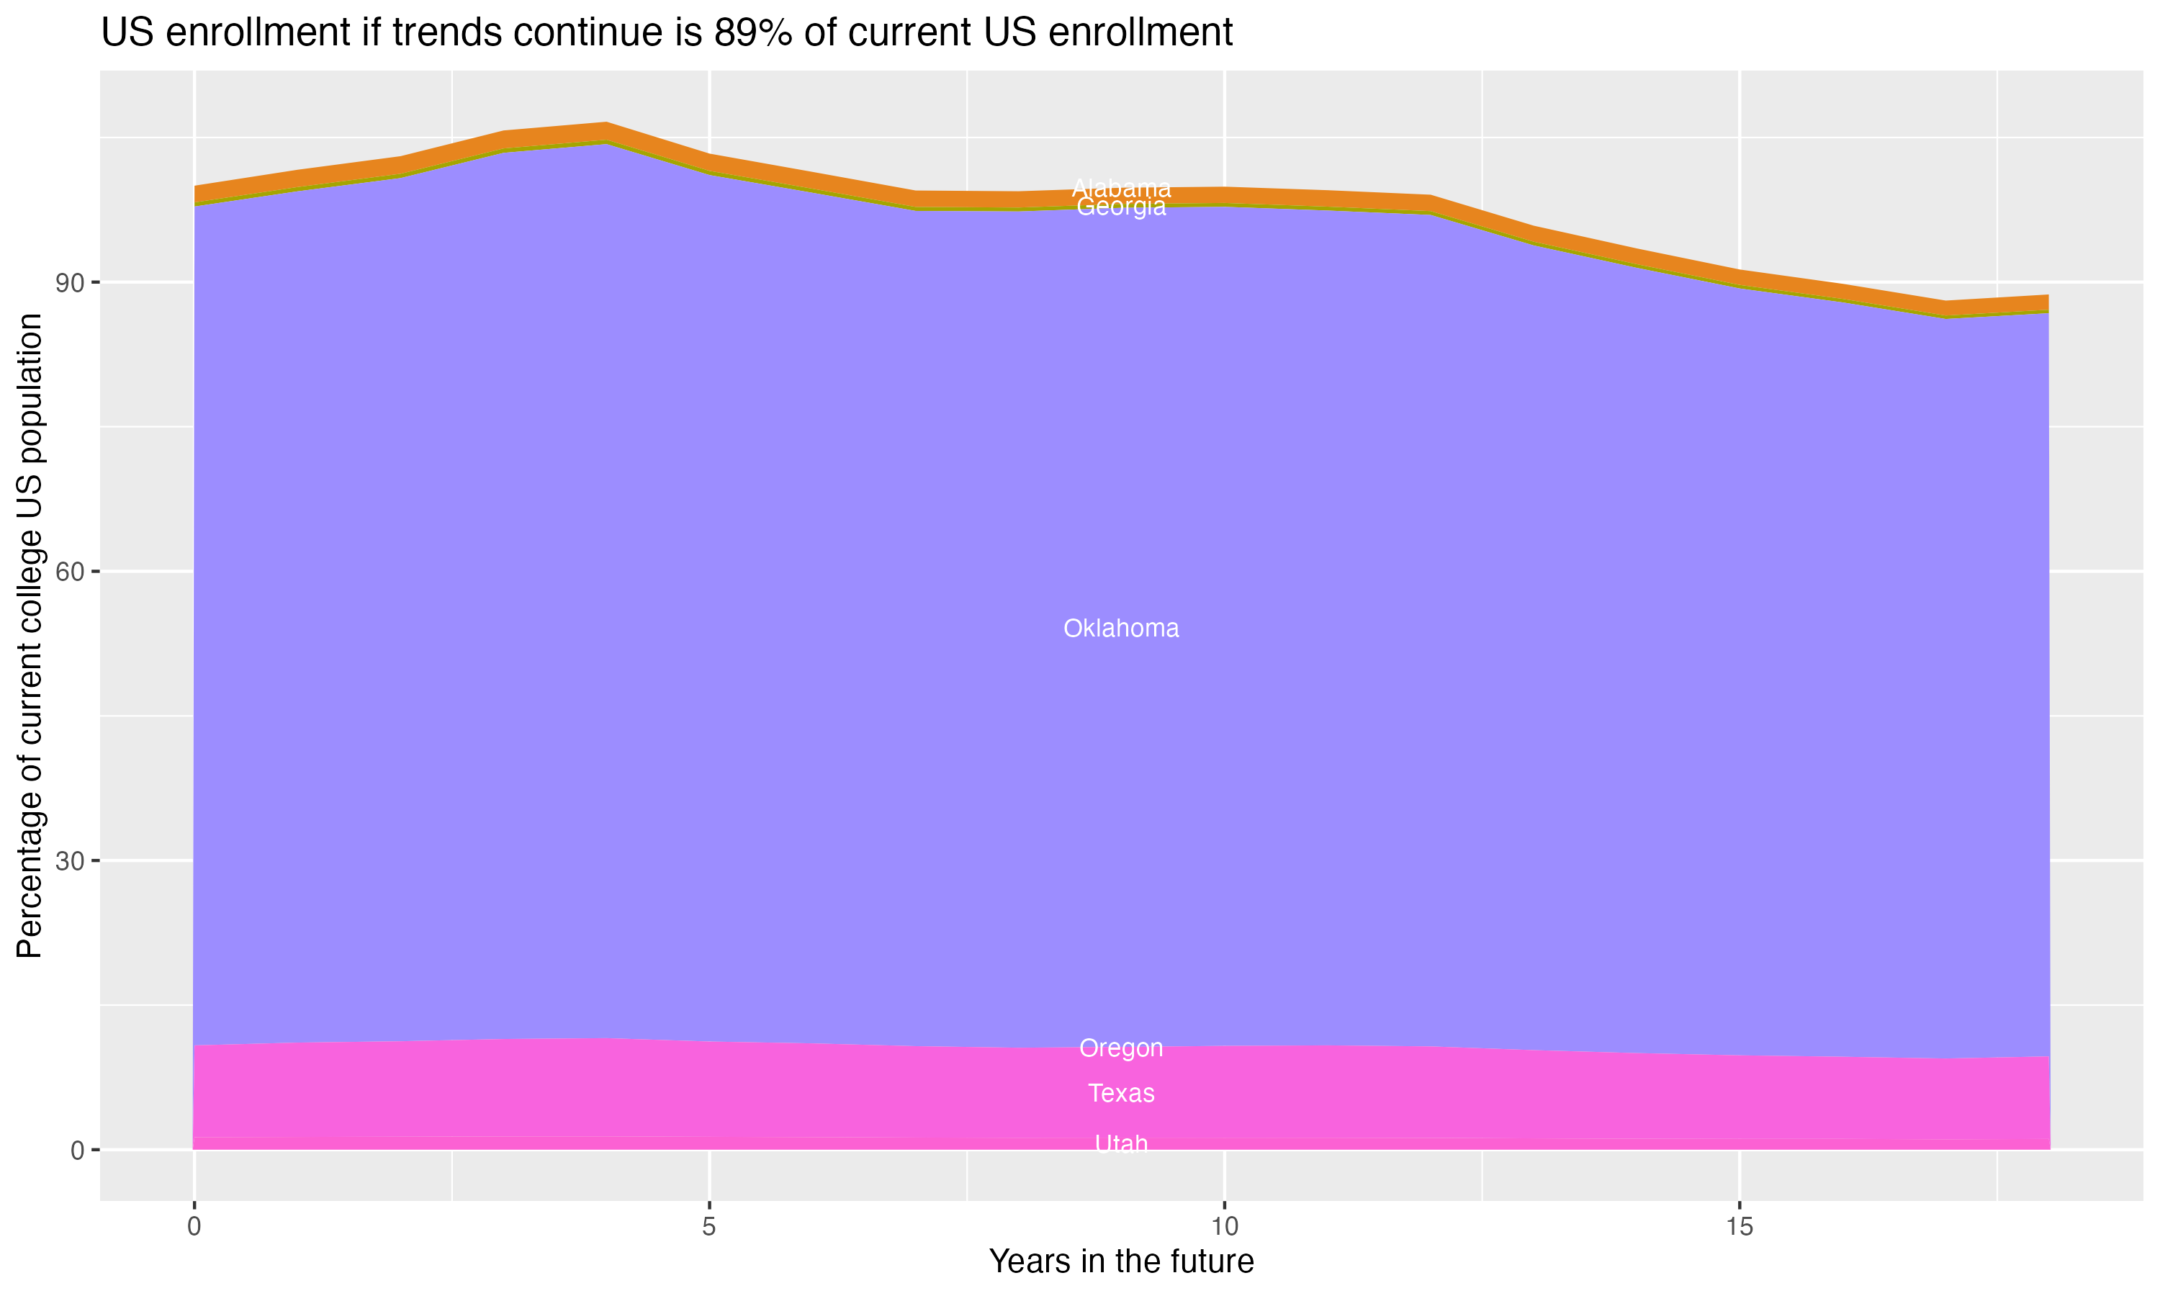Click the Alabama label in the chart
[x=1121, y=188]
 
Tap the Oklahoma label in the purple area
[x=1121, y=628]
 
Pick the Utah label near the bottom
[x=1121, y=1143]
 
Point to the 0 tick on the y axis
[x=78, y=1150]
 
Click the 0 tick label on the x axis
[x=194, y=1227]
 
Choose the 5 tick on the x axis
[x=709, y=1227]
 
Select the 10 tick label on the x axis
[x=1225, y=1227]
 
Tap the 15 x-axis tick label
[x=1740, y=1227]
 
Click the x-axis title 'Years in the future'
[x=1121, y=1262]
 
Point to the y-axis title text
[x=30, y=636]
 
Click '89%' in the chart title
[x=747, y=33]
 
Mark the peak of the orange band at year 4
[x=606, y=131]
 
